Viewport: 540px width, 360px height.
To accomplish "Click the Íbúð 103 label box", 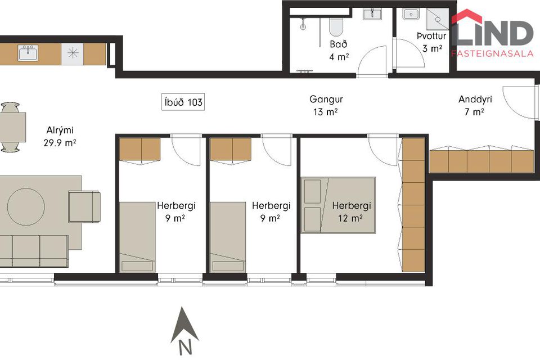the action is (183, 102).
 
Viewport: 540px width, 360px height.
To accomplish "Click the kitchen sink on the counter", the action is (28, 53).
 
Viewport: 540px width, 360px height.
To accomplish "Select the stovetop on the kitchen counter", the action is (73, 54).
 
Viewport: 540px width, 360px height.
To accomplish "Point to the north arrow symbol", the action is (184, 325).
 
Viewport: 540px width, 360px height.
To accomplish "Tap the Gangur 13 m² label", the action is (326, 105).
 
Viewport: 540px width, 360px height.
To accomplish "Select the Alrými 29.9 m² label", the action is (60, 137).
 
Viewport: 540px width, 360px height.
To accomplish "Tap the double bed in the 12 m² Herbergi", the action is (338, 205).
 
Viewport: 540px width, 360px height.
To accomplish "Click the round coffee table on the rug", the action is (26, 207).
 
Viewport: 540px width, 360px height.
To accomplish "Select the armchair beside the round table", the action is (84, 206).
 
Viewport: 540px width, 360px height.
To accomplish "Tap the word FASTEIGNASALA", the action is (493, 53).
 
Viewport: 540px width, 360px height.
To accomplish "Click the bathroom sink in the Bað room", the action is (372, 15).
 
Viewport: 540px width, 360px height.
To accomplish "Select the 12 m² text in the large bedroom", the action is (350, 218).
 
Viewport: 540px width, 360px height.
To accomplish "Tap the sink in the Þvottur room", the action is (411, 15).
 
